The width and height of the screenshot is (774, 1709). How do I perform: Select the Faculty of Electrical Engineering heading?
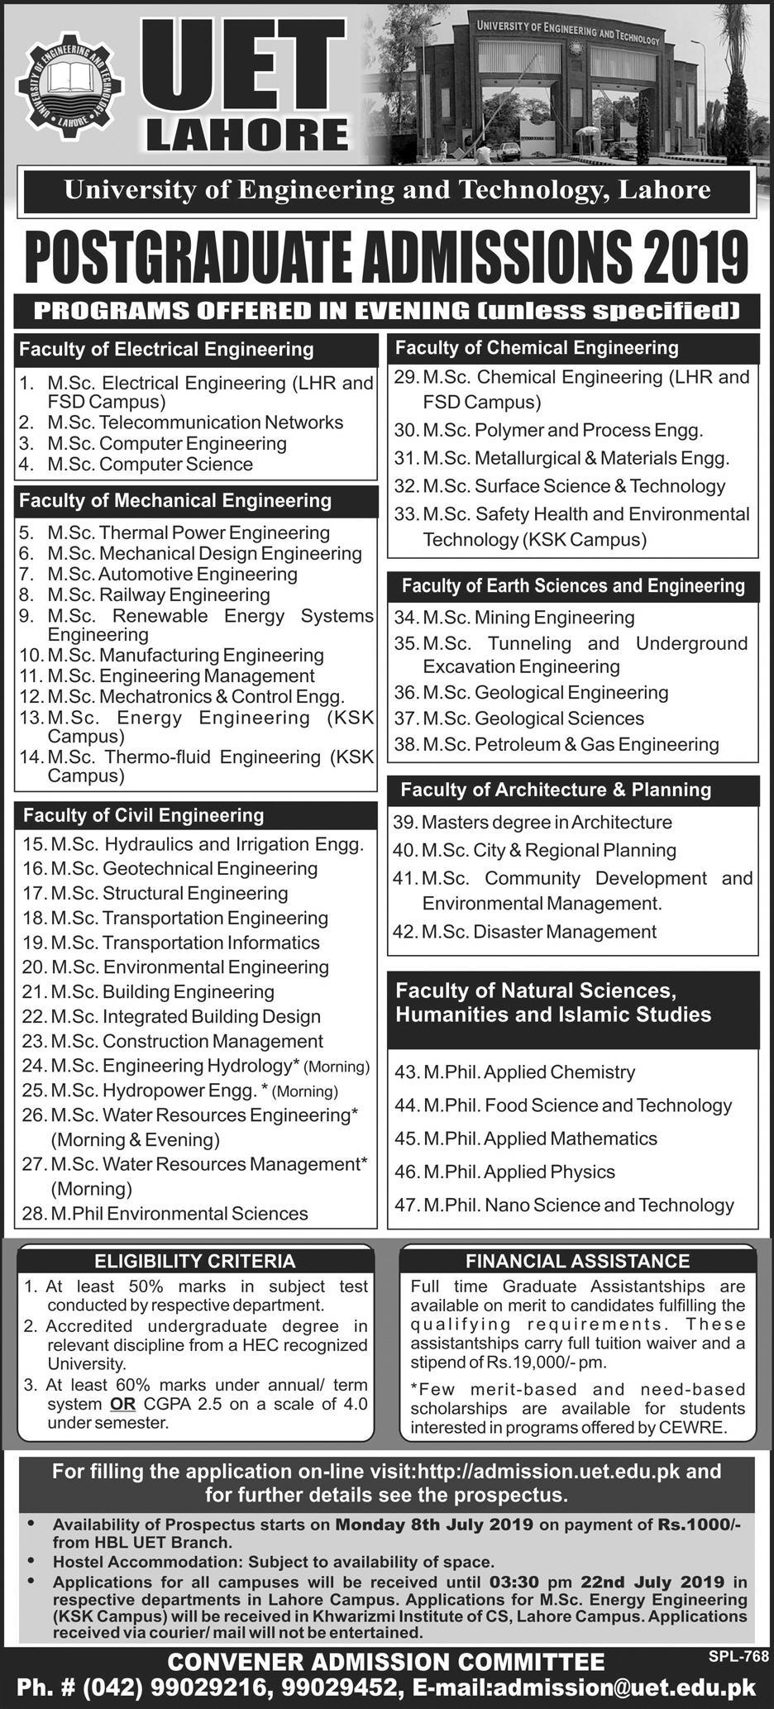pos(166,349)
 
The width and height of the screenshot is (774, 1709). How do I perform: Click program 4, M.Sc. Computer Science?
pos(150,465)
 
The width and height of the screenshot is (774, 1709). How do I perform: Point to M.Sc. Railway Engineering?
pos(159,594)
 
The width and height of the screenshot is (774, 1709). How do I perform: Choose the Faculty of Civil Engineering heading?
pos(143,815)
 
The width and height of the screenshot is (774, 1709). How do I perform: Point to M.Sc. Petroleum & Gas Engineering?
pos(570,744)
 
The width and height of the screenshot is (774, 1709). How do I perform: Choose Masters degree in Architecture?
pos(546,823)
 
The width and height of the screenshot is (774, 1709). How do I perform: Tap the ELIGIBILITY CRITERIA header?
pos(195,1261)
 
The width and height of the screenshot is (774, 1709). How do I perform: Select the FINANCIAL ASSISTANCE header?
pos(577,1261)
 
